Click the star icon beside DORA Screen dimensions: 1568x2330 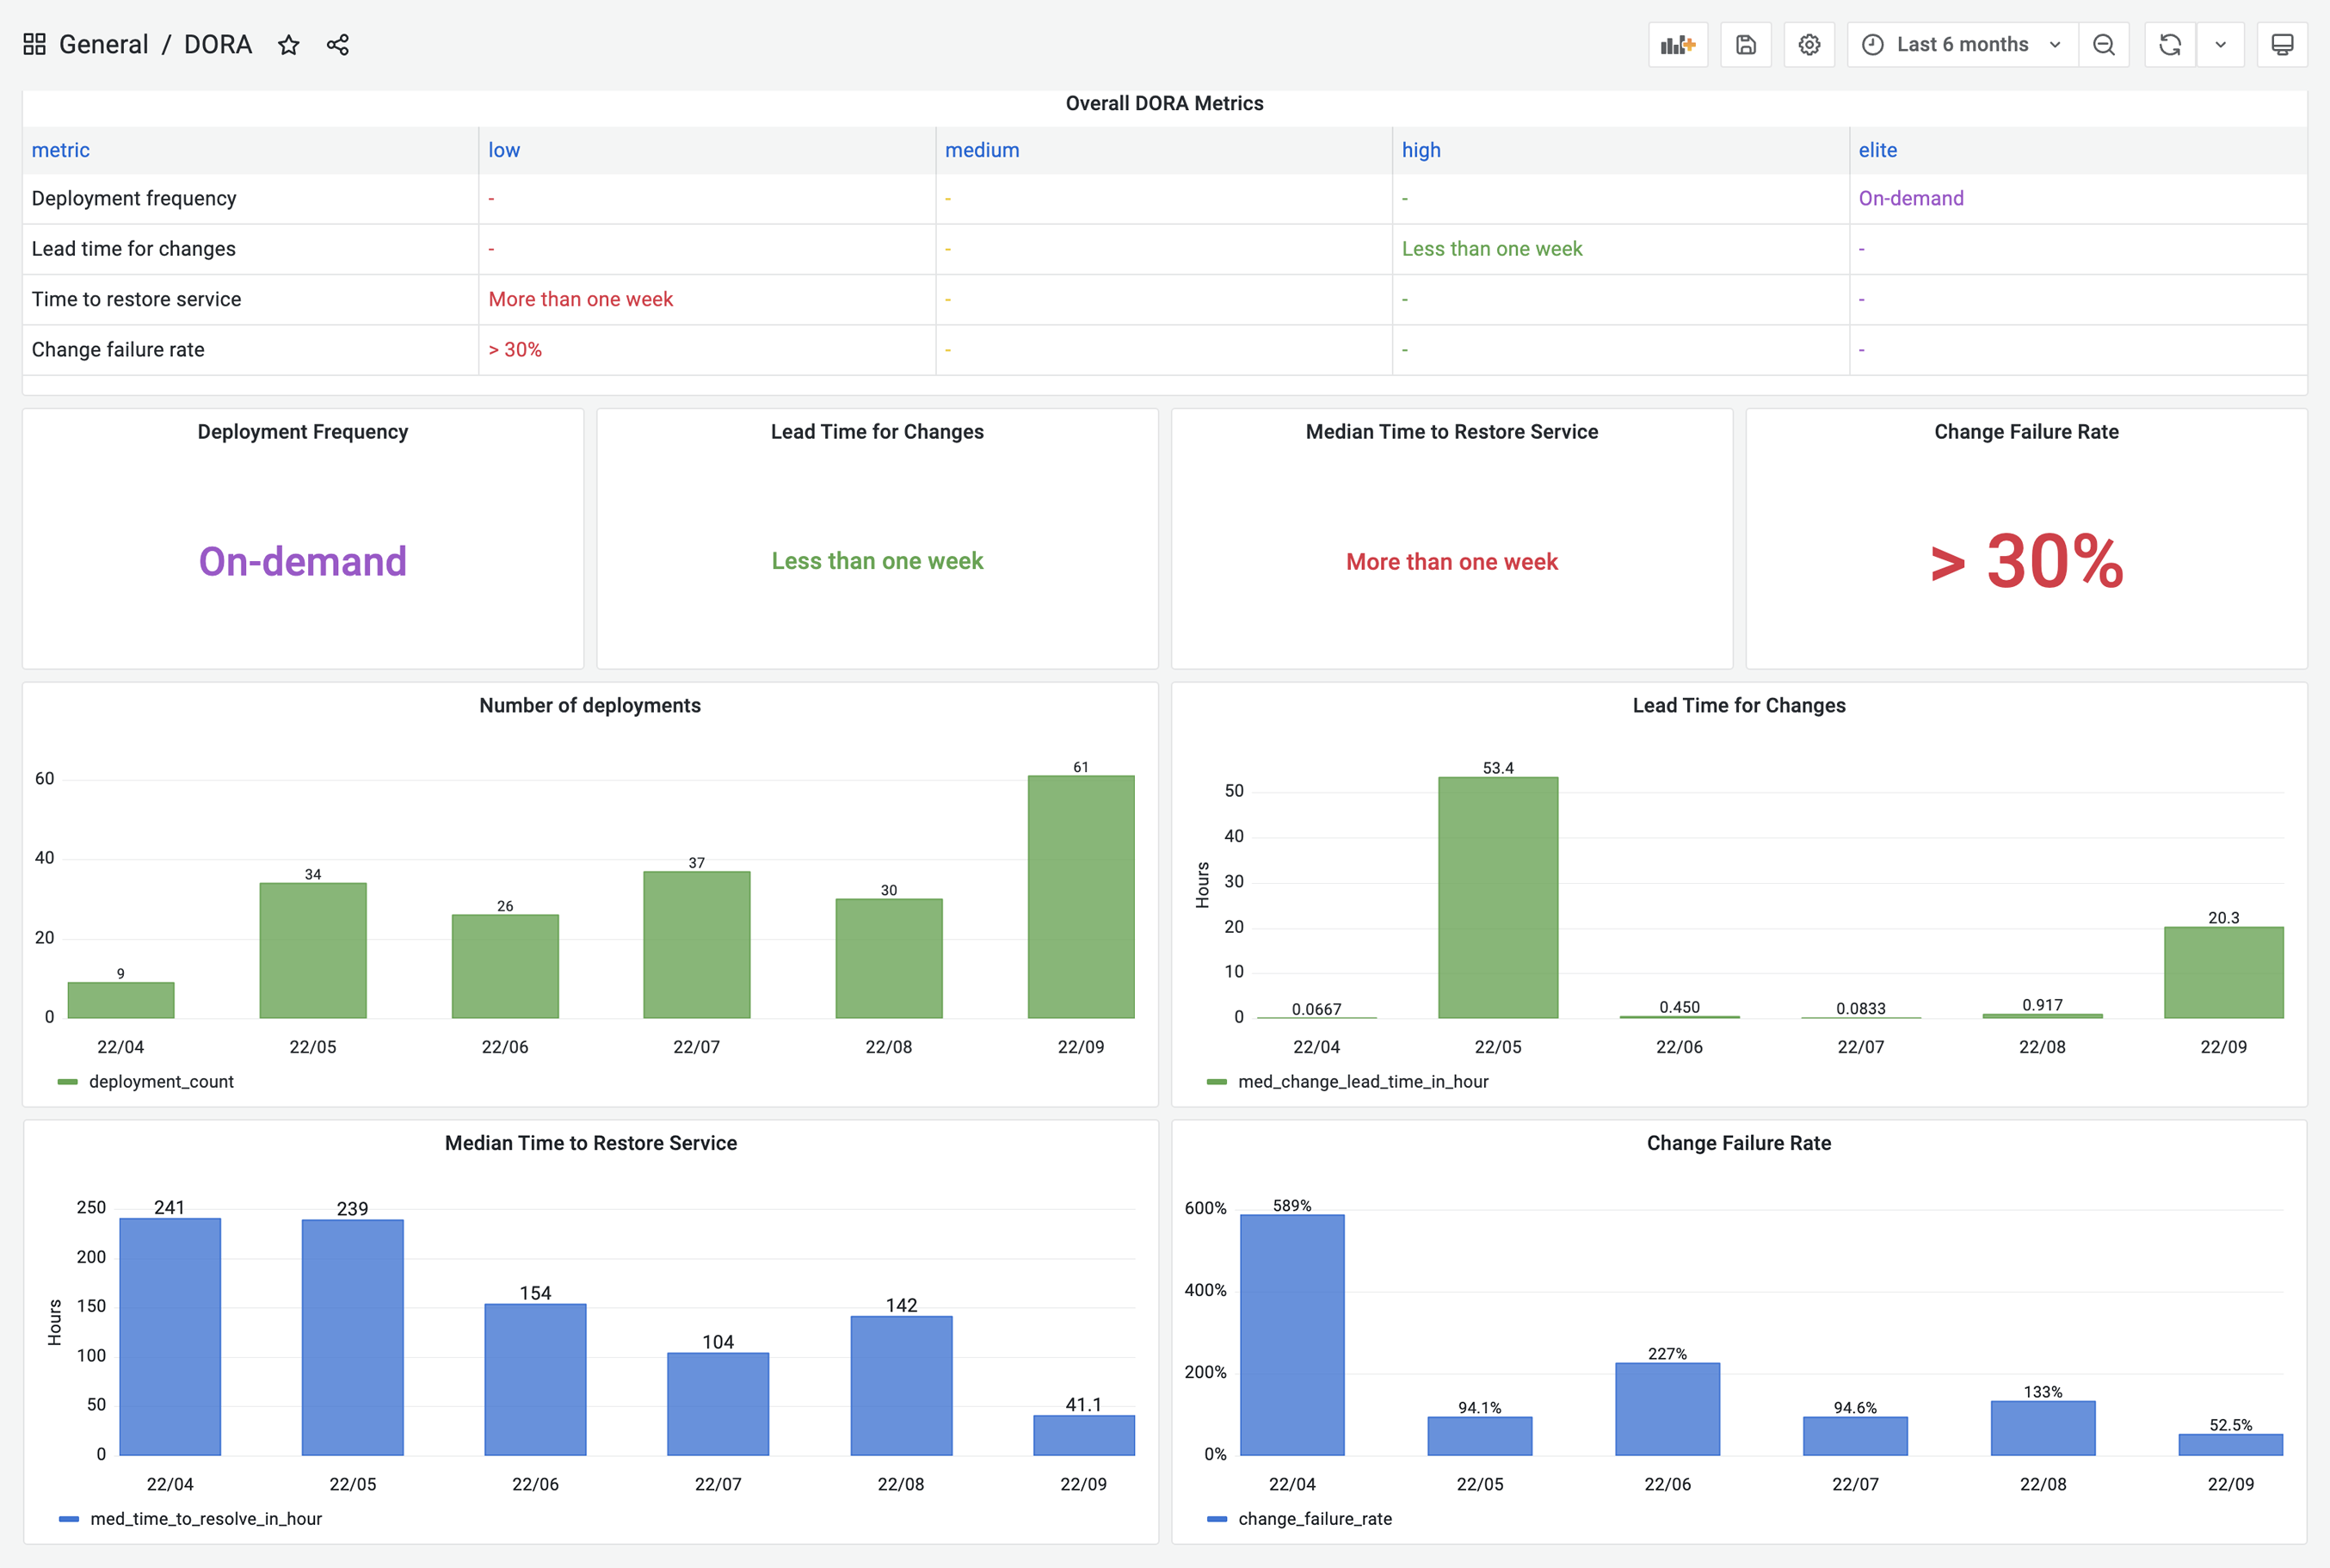tap(289, 45)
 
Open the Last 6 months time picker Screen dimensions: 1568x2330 tap(1962, 45)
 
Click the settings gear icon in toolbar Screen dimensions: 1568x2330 tap(1809, 45)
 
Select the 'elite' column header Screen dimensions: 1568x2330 tap(1877, 150)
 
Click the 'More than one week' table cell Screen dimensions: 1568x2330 tap(581, 299)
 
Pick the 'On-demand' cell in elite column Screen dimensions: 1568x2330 tap(1910, 198)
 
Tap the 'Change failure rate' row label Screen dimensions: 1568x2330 tap(118, 349)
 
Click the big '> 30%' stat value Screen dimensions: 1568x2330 tap(2026, 562)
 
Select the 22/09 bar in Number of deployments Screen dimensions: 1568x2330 tap(1081, 897)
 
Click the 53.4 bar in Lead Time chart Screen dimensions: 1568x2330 tap(1497, 897)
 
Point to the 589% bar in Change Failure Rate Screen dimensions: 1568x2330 tap(1291, 1334)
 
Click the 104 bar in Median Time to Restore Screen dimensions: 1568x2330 tap(718, 1403)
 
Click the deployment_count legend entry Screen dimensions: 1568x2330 tap(160, 1081)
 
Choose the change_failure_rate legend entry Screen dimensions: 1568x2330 tap(1314, 1519)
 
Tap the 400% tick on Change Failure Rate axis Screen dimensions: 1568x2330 tap(1205, 1290)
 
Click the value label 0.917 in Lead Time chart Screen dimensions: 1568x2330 tap(2041, 1004)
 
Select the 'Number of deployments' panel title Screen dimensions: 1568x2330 tap(589, 705)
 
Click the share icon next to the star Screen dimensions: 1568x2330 tap(338, 45)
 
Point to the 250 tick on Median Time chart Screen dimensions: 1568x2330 tap(91, 1207)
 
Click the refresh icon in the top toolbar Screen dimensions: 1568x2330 tap(2169, 45)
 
